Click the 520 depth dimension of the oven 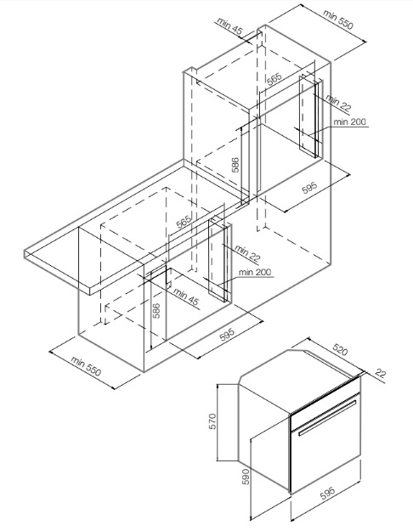click(340, 349)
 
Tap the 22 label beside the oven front click(381, 374)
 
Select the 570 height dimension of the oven click(212, 421)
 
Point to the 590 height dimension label click(246, 476)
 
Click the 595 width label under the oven click(328, 493)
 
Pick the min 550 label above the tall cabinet click(338, 20)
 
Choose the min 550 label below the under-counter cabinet click(86, 366)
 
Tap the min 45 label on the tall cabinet click(230, 26)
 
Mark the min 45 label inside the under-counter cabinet click(186, 297)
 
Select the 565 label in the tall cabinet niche click(274, 78)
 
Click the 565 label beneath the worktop click(184, 222)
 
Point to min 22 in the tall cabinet click(338, 103)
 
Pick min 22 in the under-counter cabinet click(247, 254)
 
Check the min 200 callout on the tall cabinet click(349, 121)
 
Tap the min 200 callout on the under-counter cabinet click(255, 272)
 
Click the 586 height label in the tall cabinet click(235, 165)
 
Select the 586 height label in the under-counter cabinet click(156, 311)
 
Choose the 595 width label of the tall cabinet click(309, 188)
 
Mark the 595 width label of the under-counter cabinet click(227, 335)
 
